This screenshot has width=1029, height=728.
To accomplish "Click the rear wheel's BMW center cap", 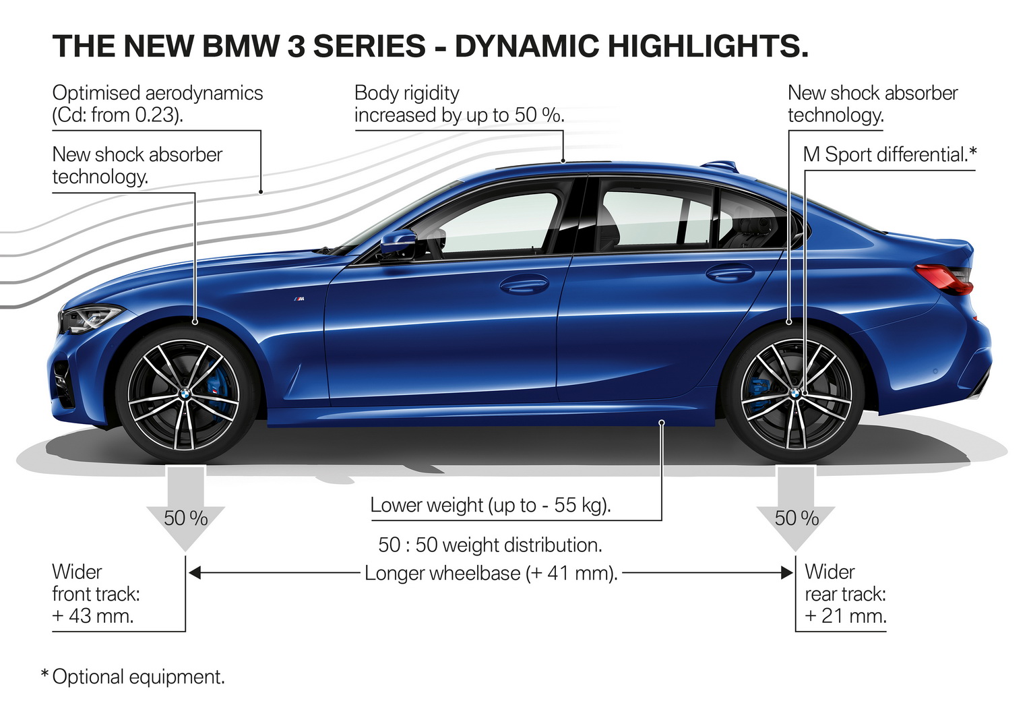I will click(795, 394).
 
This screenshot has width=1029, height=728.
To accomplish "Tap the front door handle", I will click(524, 284).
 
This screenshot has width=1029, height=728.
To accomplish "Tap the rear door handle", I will click(730, 273).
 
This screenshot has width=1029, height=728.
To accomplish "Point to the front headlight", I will click(91, 317).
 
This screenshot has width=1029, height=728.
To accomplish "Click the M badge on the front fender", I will click(299, 299).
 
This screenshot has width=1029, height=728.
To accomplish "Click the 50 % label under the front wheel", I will click(185, 518).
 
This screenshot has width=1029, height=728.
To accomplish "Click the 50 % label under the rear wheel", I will click(797, 518).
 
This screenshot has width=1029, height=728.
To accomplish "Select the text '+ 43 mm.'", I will click(93, 616).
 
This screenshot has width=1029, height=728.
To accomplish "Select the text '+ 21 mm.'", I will click(846, 616).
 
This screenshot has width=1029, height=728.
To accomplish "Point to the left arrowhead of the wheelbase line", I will click(195, 573).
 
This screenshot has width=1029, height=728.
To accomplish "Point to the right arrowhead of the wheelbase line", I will click(786, 573).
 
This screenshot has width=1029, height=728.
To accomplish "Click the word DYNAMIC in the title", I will click(526, 47).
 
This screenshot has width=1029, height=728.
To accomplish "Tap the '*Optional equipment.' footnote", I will click(133, 677).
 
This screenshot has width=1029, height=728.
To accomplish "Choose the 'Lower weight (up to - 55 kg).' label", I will click(491, 506).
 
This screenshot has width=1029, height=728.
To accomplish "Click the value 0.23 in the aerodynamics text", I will click(156, 115).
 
